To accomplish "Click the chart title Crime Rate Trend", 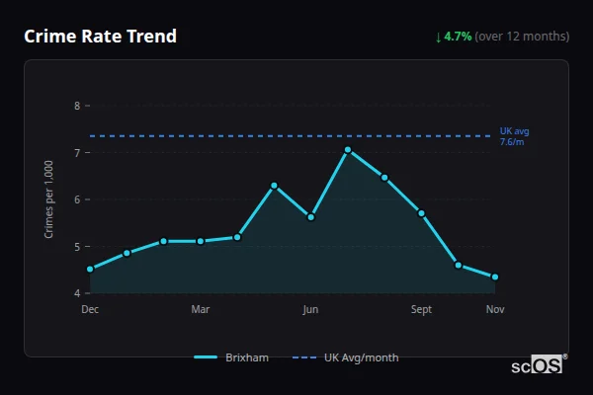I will [x=100, y=37].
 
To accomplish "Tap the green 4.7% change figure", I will [x=458, y=37].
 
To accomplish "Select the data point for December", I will [x=90, y=269].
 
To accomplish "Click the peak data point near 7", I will [x=348, y=149].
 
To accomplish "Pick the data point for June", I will [x=311, y=216].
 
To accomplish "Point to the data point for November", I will [x=495, y=276].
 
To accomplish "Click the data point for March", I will [x=201, y=241].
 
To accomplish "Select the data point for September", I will [x=421, y=212].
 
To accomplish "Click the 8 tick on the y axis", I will [x=77, y=106].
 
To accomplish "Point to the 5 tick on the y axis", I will [x=77, y=246].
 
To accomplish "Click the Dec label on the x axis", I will [x=90, y=310].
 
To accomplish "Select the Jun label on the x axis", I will [x=310, y=310].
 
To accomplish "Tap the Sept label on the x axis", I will [x=421, y=310].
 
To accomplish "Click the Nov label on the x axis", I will [x=495, y=310].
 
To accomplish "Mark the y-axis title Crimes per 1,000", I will [x=48, y=200].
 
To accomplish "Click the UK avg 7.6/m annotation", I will [x=513, y=136].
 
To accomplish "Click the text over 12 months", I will [x=522, y=37].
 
